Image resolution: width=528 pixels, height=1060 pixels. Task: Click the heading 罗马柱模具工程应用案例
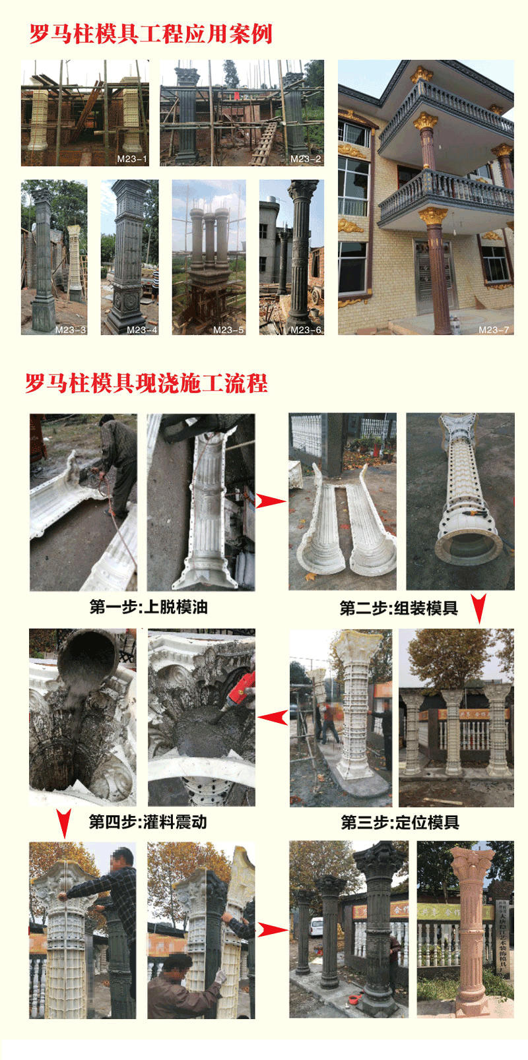coord(150,34)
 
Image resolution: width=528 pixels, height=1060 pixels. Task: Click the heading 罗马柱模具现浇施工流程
coord(147,383)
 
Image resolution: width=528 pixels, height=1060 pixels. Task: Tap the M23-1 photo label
coord(131,159)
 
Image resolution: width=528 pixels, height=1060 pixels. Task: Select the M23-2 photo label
coord(306,159)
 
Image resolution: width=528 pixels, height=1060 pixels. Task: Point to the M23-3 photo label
coord(70,329)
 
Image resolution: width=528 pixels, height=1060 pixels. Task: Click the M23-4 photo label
coord(141,329)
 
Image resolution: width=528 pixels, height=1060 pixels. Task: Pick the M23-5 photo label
coord(228,329)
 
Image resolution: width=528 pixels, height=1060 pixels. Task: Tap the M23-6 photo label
coord(306,329)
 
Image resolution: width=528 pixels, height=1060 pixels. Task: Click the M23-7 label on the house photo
coord(494,329)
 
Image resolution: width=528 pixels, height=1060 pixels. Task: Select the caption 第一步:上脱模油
coord(148,607)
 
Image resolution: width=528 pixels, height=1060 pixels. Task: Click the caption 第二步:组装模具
coord(399,608)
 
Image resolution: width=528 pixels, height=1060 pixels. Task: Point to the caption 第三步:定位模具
coord(400,823)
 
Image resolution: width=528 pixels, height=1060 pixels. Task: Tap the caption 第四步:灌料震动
coord(148,822)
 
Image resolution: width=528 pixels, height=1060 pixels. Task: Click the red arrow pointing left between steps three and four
coord(272,717)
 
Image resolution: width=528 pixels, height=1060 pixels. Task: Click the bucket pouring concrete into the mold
coord(88,656)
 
